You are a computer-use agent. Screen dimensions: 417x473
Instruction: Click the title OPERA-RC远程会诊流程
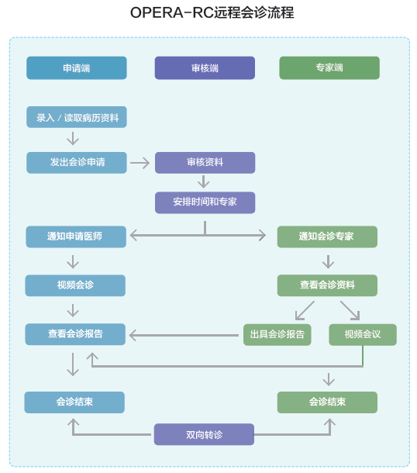(x=212, y=12)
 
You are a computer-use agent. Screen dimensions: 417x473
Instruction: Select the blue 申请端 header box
(x=77, y=68)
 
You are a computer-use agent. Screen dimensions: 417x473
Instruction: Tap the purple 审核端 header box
(x=205, y=68)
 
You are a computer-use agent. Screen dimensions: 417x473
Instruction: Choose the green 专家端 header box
(x=329, y=68)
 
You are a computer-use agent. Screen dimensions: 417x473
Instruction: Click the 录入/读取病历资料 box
(x=77, y=117)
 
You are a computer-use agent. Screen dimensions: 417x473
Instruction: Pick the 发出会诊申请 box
(x=77, y=163)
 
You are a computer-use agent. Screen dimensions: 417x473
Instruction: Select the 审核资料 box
(x=205, y=163)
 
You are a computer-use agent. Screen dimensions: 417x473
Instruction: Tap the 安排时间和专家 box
(x=205, y=202)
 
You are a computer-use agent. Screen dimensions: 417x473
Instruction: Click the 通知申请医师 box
(x=76, y=236)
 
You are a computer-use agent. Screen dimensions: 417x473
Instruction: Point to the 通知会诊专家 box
(x=327, y=236)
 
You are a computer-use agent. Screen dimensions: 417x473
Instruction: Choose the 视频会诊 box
(x=75, y=285)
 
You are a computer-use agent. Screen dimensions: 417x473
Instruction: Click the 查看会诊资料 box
(x=327, y=285)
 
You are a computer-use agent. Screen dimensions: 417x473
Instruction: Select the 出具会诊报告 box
(x=277, y=335)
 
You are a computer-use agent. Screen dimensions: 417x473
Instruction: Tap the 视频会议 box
(x=363, y=335)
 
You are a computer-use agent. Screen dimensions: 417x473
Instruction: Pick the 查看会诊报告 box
(x=75, y=334)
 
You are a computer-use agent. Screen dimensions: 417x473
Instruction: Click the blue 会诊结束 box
(x=74, y=402)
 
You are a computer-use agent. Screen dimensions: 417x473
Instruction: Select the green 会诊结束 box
(x=327, y=402)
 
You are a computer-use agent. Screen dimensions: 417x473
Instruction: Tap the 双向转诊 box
(x=204, y=434)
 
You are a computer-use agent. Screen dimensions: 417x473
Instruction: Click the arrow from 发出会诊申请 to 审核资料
(x=140, y=163)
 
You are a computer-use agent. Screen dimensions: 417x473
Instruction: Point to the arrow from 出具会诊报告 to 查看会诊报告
(x=184, y=335)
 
